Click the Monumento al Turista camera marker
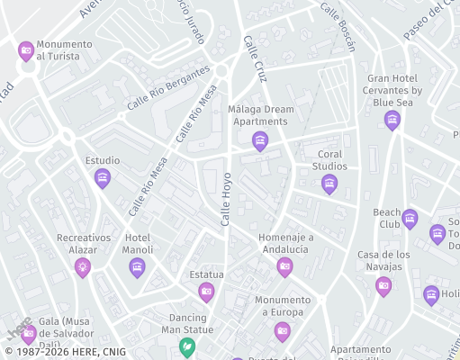tap(25, 50)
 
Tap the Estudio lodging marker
tap(103, 177)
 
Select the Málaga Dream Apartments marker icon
tap(260, 140)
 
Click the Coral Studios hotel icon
tap(329, 184)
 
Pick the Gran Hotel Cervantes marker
tap(392, 119)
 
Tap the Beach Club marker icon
tap(410, 218)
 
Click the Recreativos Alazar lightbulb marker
tap(83, 265)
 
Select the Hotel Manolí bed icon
tap(137, 266)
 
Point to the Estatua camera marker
tap(206, 291)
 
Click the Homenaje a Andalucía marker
tap(284, 265)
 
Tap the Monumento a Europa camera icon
tap(282, 330)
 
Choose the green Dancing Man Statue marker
tap(187, 346)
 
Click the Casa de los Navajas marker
tap(383, 285)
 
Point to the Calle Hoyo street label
tap(226, 199)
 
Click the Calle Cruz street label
tap(255, 59)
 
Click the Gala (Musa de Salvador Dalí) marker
tap(29, 334)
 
